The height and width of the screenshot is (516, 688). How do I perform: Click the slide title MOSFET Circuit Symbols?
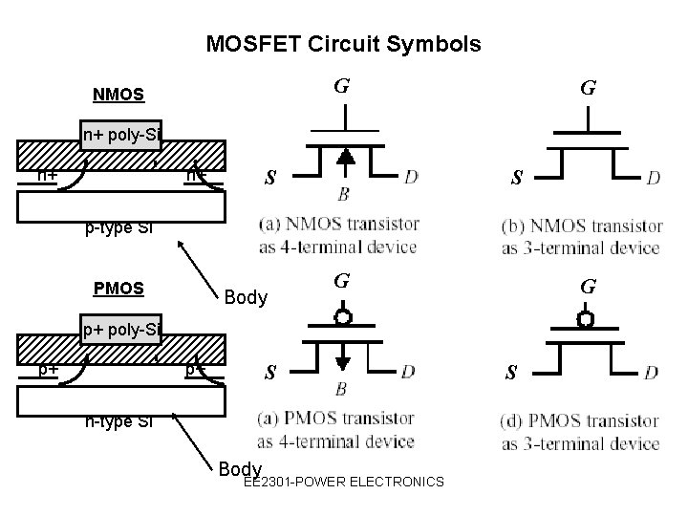pyautogui.click(x=344, y=44)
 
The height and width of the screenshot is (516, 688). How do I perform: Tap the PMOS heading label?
pyautogui.click(x=118, y=288)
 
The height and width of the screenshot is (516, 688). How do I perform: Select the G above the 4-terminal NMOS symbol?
pyautogui.click(x=340, y=87)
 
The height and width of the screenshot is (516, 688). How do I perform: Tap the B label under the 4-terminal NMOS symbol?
pyautogui.click(x=343, y=195)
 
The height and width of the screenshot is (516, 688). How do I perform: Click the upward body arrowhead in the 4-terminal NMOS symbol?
pyautogui.click(x=344, y=156)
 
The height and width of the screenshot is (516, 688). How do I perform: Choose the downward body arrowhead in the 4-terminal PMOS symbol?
pyautogui.click(x=344, y=360)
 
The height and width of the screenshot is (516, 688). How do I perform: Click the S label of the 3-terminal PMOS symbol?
pyautogui.click(x=512, y=373)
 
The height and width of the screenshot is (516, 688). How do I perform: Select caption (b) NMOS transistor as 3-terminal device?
pyautogui.click(x=579, y=237)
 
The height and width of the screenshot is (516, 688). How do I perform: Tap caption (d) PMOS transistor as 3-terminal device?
pyautogui.click(x=579, y=432)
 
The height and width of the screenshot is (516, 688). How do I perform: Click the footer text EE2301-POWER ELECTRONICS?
pyautogui.click(x=343, y=482)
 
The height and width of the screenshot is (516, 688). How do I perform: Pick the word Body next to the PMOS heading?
pyautogui.click(x=246, y=297)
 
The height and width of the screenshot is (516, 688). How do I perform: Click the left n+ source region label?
pyautogui.click(x=45, y=175)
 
